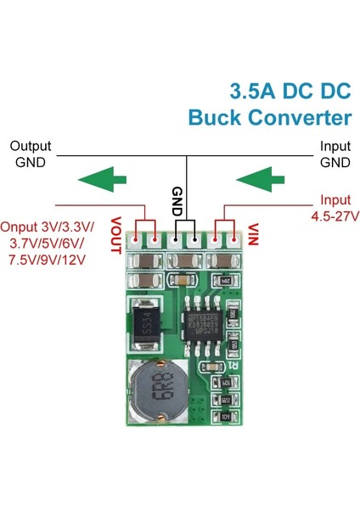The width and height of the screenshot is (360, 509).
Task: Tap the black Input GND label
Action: [x=335, y=154]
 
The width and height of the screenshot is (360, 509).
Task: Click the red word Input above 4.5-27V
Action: [x=334, y=201]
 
